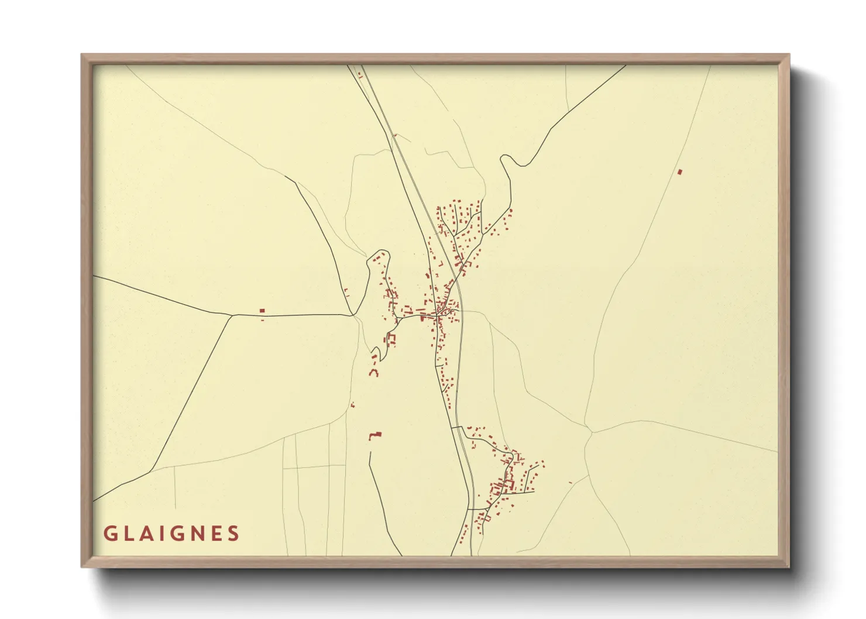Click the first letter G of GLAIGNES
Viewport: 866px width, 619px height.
(x=109, y=534)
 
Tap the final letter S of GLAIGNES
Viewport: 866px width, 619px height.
(x=234, y=534)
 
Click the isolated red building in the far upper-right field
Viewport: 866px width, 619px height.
(x=679, y=171)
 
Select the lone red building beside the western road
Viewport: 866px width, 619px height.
(x=262, y=311)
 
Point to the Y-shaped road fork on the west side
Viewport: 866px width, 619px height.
(x=233, y=315)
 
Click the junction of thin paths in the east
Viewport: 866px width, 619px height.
(x=592, y=432)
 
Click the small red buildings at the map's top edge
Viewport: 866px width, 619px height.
(x=360, y=75)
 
